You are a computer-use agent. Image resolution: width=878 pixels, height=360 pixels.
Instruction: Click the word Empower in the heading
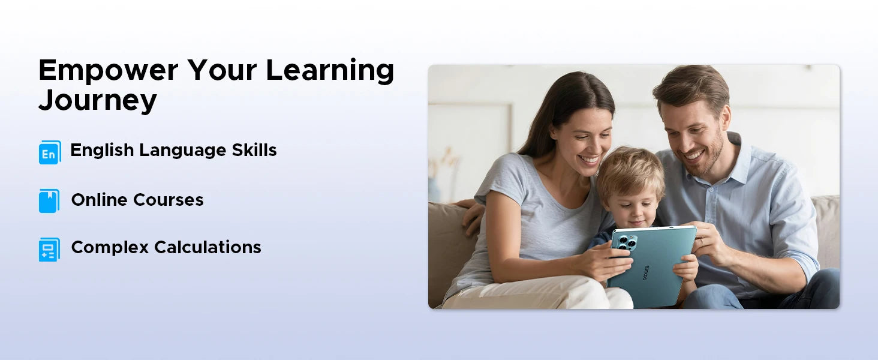(x=108, y=71)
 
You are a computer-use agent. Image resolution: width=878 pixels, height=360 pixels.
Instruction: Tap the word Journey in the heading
(x=98, y=101)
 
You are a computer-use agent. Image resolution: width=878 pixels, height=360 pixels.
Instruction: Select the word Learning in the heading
(x=330, y=71)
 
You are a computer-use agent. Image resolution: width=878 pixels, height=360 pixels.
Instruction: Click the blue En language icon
(x=50, y=152)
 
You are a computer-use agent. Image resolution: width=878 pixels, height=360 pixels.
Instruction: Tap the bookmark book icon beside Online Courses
(x=49, y=201)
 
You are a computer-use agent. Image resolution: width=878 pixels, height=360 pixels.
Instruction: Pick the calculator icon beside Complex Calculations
(x=49, y=250)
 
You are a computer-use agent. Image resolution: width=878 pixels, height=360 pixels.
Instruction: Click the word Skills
(x=254, y=150)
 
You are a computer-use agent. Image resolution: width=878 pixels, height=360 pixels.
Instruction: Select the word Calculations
(x=208, y=247)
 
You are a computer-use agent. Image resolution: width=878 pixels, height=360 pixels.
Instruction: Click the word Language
(x=183, y=151)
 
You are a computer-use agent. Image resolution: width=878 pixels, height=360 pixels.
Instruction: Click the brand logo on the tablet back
(x=645, y=273)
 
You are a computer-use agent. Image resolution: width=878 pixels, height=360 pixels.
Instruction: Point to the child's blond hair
(x=630, y=173)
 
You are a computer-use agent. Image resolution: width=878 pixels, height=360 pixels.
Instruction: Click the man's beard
(x=708, y=157)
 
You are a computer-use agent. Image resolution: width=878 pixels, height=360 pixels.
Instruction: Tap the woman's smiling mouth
(x=589, y=160)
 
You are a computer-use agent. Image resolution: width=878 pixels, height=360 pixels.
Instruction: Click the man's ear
(x=725, y=118)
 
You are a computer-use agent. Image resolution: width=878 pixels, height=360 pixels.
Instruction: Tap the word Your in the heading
(x=222, y=71)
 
